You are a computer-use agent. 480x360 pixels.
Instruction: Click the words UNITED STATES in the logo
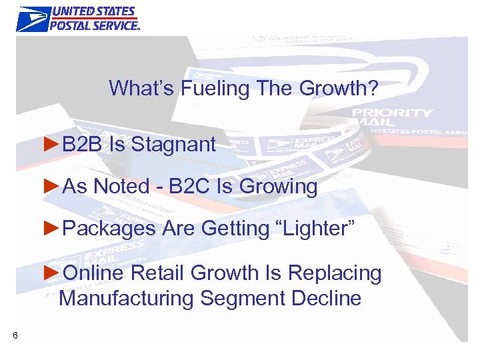pos(93,12)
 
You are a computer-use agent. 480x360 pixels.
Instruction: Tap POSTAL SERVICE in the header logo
pos(95,25)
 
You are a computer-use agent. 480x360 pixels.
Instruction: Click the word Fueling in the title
pos(210,87)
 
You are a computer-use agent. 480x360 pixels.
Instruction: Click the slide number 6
pos(15,335)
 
